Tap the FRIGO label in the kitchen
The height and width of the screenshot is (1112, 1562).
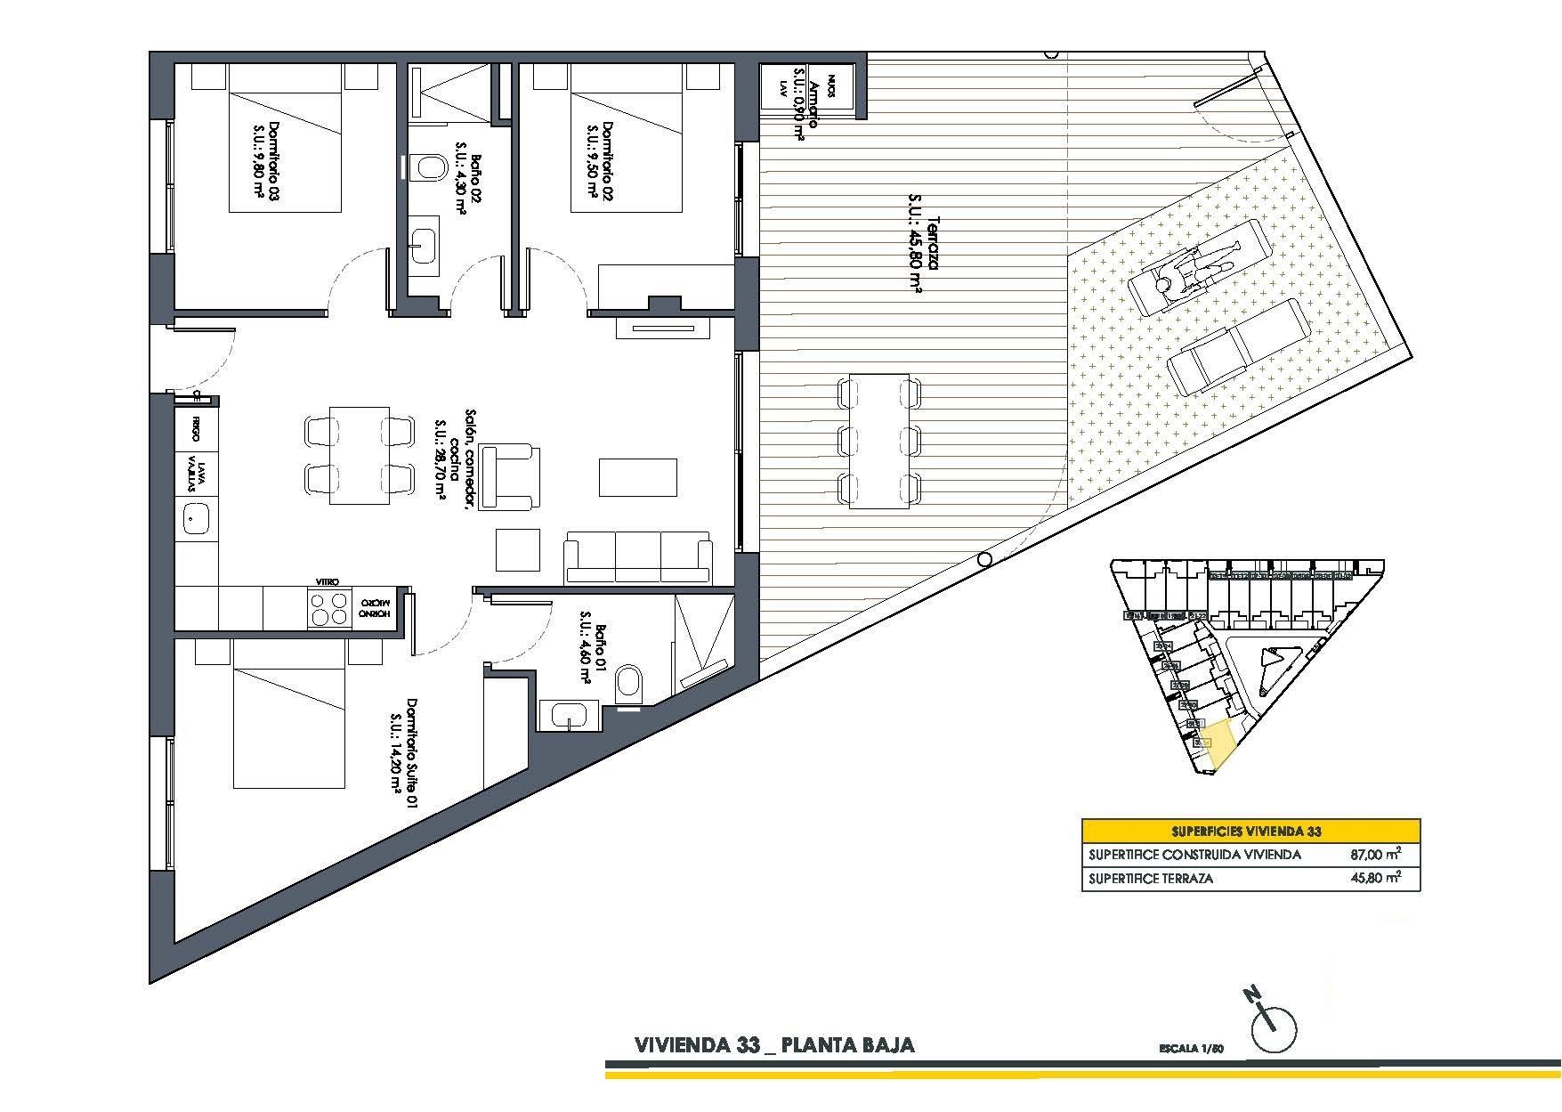pos(195,433)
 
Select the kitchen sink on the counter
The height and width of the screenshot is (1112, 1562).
pos(195,517)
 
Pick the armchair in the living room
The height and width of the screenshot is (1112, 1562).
pos(510,476)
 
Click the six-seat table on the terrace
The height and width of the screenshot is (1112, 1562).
pos(879,441)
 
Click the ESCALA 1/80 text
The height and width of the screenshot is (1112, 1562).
pos(1192,1048)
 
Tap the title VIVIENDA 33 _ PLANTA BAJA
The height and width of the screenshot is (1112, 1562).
pos(773,1044)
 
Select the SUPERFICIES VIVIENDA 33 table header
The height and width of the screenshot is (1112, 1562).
pos(1250,832)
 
